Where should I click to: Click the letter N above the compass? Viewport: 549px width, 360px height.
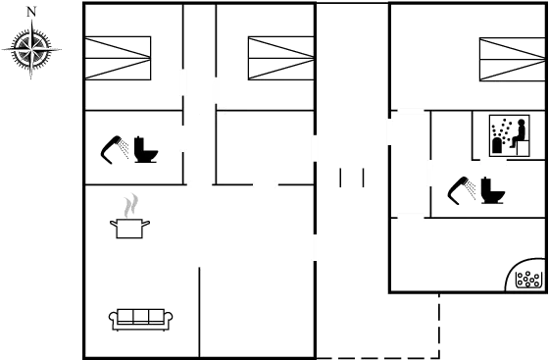tap(31, 11)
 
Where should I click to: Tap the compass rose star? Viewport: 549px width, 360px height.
tap(31, 50)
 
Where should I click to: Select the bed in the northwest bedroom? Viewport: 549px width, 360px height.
tap(118, 57)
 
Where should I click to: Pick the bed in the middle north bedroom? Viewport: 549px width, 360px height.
tap(280, 57)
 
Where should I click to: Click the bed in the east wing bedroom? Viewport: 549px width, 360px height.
tap(511, 59)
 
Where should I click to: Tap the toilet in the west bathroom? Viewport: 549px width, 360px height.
tap(149, 149)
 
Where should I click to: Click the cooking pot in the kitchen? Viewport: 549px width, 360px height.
tap(130, 229)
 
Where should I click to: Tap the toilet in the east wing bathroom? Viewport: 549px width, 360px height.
tap(492, 188)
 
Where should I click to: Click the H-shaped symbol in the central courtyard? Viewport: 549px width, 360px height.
tap(352, 178)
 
